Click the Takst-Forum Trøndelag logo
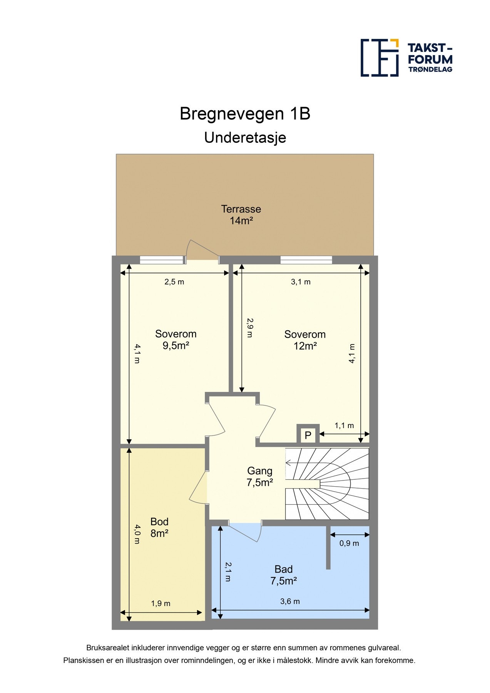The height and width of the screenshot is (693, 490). coord(406,58)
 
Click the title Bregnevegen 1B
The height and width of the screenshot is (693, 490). coord(245,114)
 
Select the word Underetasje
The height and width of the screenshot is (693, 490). coord(245,137)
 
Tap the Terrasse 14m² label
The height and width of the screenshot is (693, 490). coord(241,215)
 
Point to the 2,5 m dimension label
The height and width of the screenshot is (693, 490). coord(174,282)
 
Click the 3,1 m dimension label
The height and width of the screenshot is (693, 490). coord(301,282)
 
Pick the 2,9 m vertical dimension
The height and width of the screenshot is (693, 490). coord(249,328)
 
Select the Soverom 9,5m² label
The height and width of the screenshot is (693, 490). coord(176,340)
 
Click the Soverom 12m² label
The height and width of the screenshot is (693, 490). coord(305,340)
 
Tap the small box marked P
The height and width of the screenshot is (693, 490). coord(308,435)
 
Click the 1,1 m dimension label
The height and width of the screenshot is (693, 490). coord(344,425)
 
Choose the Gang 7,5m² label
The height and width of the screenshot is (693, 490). coord(260,477)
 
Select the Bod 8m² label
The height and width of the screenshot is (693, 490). coord(159,527)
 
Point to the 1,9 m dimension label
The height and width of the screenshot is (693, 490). coord(161,603)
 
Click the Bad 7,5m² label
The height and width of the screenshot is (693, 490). coord(283,575)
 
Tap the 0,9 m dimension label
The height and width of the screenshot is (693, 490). coord(349,543)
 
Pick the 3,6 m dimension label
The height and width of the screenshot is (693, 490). coord(290,601)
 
